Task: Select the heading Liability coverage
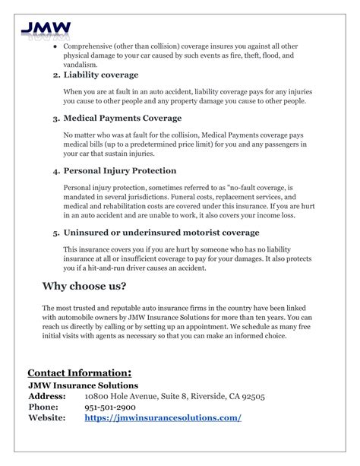click(101, 75)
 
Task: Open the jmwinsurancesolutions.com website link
click(163, 418)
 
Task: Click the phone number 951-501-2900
click(116, 407)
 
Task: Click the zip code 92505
click(250, 397)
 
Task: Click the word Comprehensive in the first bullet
click(96, 46)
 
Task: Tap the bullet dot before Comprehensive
click(55, 46)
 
